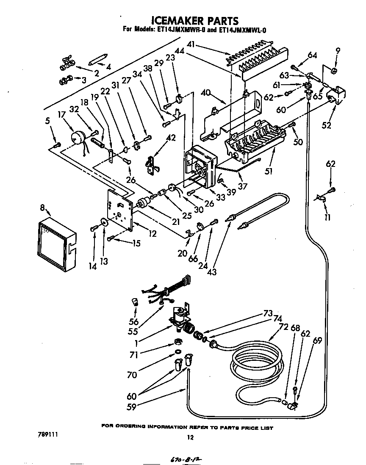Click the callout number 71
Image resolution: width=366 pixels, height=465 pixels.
pos(134,355)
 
